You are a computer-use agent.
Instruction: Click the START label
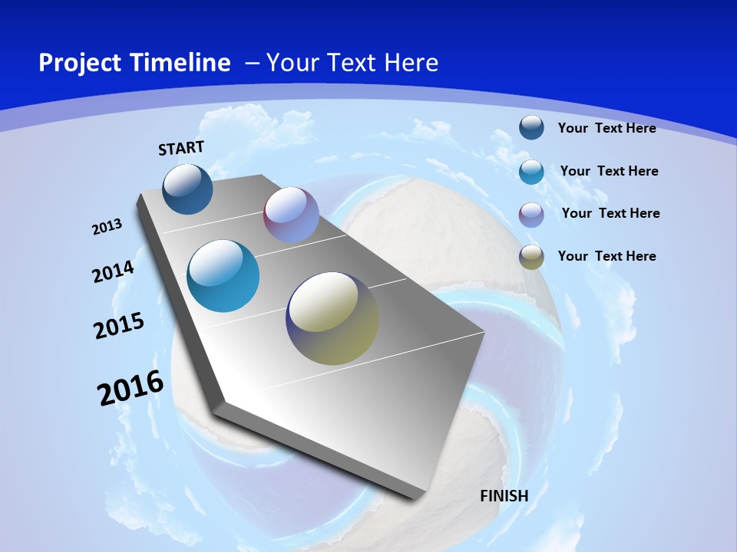pos(181,148)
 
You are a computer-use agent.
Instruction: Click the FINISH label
pos(504,496)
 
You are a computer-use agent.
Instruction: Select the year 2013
pos(107,227)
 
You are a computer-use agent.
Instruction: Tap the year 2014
pos(114,271)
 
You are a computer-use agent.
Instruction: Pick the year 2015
pos(119,326)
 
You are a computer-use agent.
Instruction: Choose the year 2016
pos(131,388)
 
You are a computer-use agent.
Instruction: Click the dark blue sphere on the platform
pos(188,189)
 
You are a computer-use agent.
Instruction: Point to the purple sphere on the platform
pos(291,215)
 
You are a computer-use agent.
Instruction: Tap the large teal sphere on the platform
pos(223,276)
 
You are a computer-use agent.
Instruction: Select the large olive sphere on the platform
pos(332,318)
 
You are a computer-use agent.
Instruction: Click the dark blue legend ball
pos(531,127)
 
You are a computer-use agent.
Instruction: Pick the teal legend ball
pos(531,171)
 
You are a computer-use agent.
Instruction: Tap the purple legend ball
pos(531,214)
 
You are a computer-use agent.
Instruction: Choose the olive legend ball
pos(531,257)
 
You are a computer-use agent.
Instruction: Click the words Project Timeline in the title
pos(134,63)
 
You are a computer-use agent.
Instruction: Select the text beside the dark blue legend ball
pos(606,128)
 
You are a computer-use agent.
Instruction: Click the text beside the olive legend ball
pos(606,256)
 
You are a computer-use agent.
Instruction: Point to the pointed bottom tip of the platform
pos(415,496)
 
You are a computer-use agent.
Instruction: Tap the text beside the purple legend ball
pos(610,213)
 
